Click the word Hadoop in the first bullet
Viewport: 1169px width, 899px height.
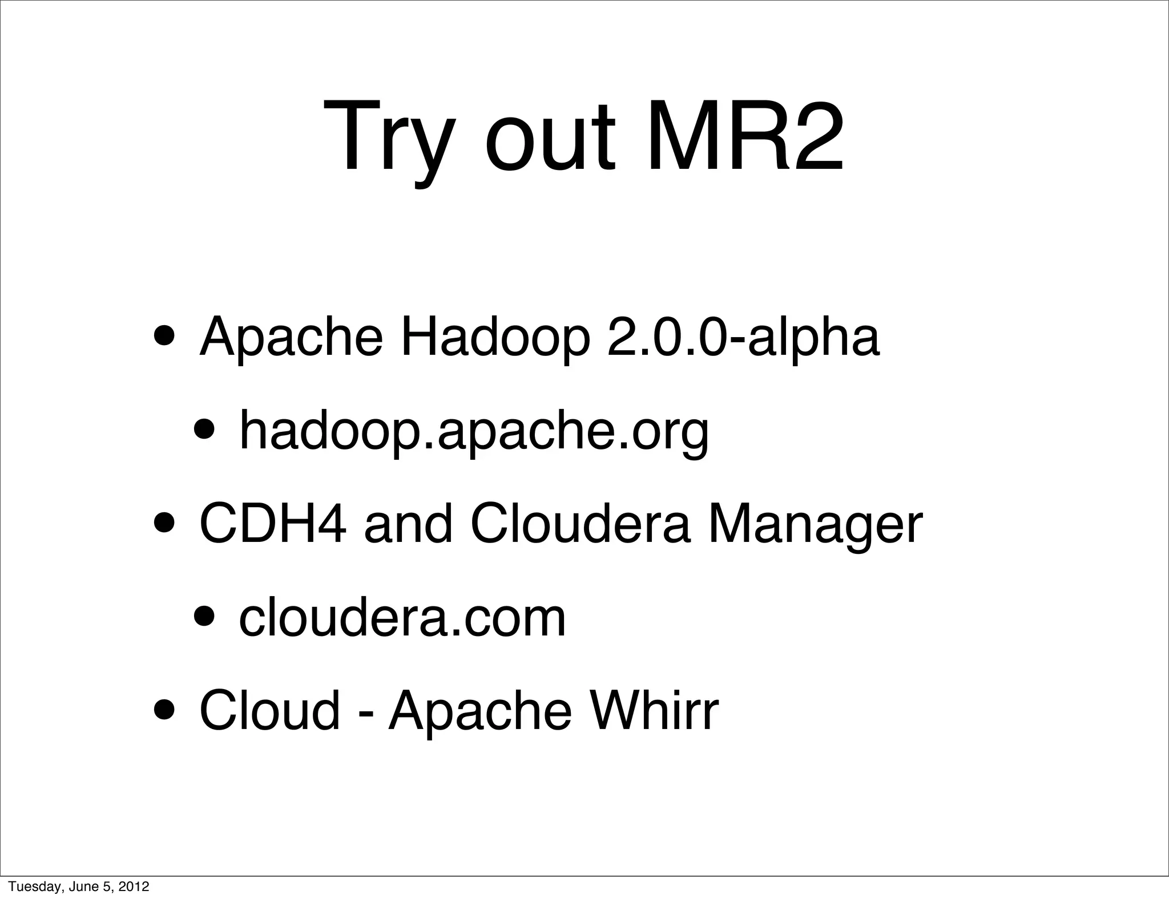click(494, 338)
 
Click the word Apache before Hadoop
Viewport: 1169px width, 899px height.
click(291, 338)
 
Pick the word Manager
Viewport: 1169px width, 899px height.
click(815, 525)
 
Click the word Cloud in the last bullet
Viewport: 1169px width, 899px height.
click(269, 710)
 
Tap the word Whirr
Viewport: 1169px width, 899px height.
click(654, 710)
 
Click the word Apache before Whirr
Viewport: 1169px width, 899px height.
click(479, 711)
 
